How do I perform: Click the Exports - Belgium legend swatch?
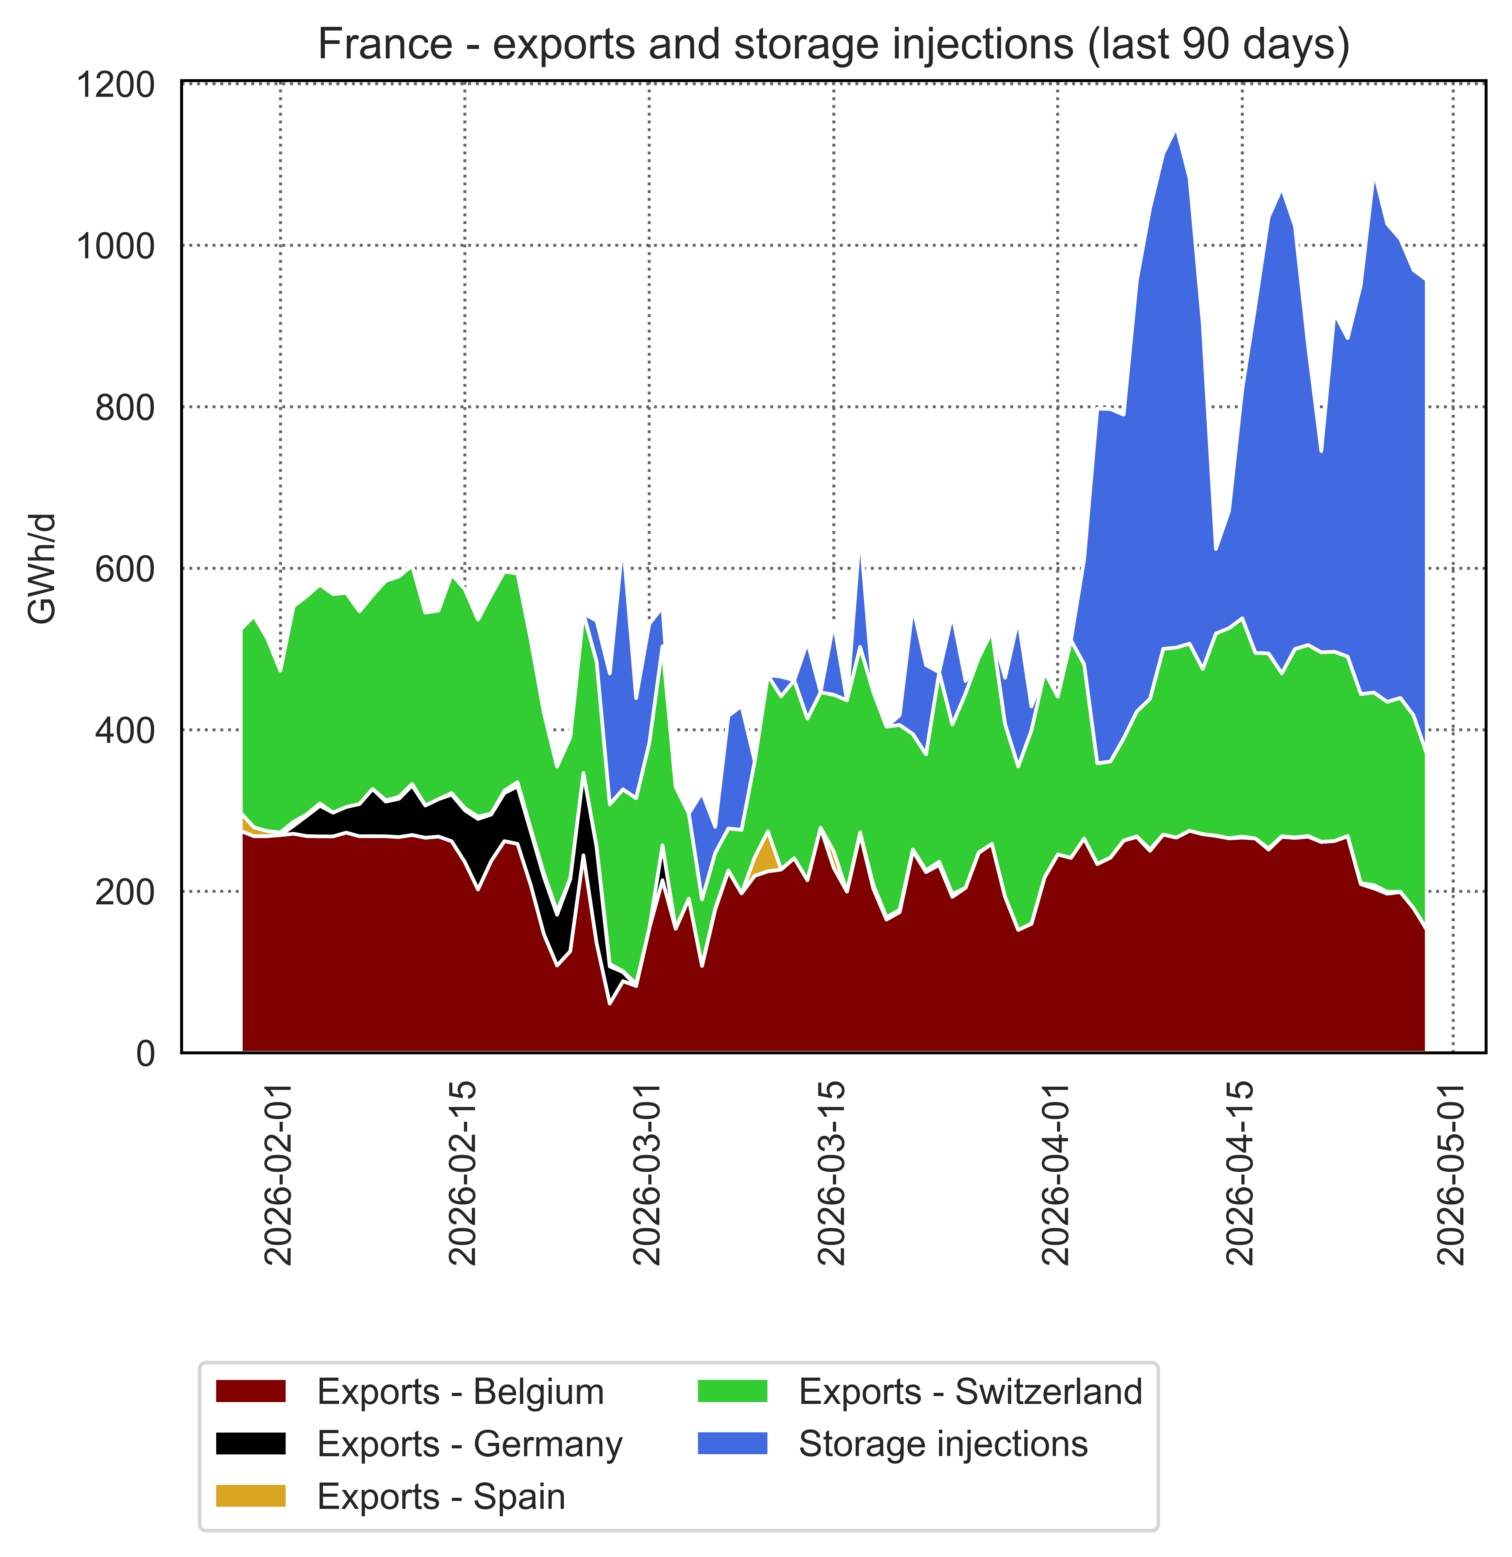click(x=251, y=1391)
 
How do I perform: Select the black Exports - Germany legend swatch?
click(x=251, y=1443)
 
